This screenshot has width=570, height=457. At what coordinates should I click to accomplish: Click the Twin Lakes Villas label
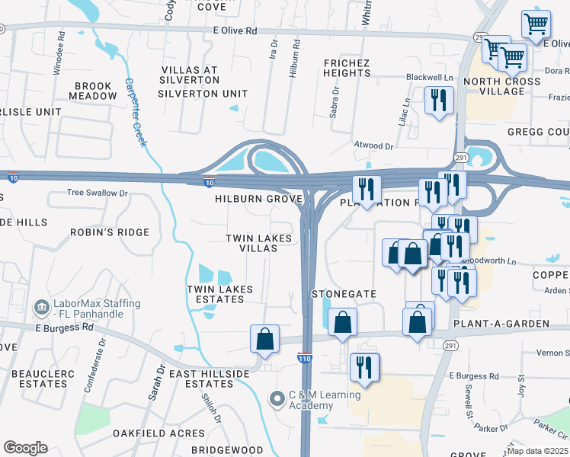(258, 244)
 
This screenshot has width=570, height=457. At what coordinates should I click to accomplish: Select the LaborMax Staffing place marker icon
(43, 308)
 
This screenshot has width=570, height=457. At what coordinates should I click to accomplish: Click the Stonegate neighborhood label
(344, 293)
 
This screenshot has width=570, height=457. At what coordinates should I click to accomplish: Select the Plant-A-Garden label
(501, 324)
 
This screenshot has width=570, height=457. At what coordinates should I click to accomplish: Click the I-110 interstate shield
(304, 357)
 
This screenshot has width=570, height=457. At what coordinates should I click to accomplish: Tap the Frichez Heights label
(347, 68)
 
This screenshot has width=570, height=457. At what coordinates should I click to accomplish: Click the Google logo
(25, 448)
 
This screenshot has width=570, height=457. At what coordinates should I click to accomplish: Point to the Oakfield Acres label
(159, 433)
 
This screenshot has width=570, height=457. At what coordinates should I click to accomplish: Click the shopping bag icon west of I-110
(264, 339)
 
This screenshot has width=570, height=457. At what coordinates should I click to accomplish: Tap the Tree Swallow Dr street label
(98, 193)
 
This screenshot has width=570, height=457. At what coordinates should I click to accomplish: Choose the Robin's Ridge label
(110, 232)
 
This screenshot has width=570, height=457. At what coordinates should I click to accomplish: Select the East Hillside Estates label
(210, 379)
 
